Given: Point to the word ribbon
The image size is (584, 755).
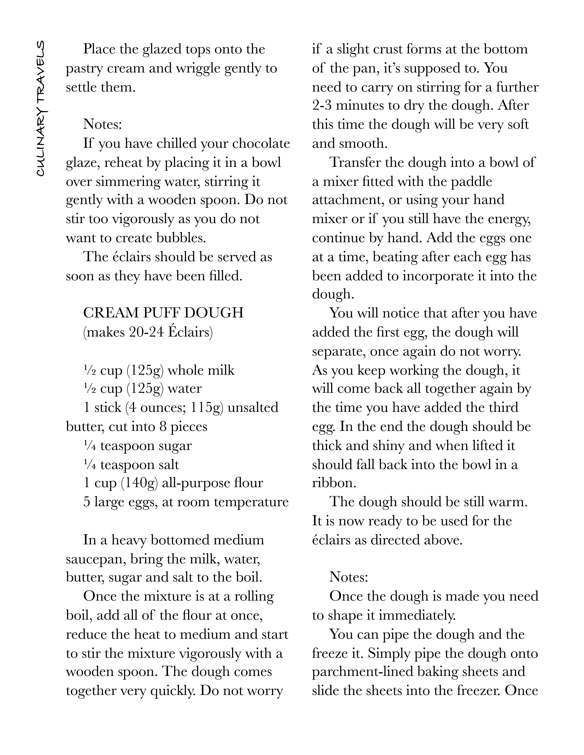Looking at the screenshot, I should (x=334, y=483).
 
